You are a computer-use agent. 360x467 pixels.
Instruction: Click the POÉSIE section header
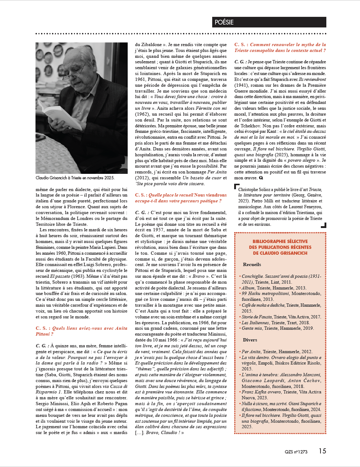(x=224, y=22)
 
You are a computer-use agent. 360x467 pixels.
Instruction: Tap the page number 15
(x=322, y=451)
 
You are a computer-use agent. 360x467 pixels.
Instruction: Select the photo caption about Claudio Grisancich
(x=75, y=178)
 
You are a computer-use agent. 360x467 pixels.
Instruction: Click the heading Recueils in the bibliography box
(x=252, y=265)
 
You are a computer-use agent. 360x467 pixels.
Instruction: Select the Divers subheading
(x=250, y=340)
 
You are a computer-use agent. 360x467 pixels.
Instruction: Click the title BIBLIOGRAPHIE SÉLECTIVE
(x=280, y=242)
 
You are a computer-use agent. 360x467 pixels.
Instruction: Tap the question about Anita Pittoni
(x=81, y=331)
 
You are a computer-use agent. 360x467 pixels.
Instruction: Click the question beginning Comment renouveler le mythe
(x=280, y=48)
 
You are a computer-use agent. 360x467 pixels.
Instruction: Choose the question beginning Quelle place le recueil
(x=181, y=198)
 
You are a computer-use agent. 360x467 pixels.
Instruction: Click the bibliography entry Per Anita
(x=251, y=352)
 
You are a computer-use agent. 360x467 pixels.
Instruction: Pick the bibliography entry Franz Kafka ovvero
(x=261, y=392)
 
